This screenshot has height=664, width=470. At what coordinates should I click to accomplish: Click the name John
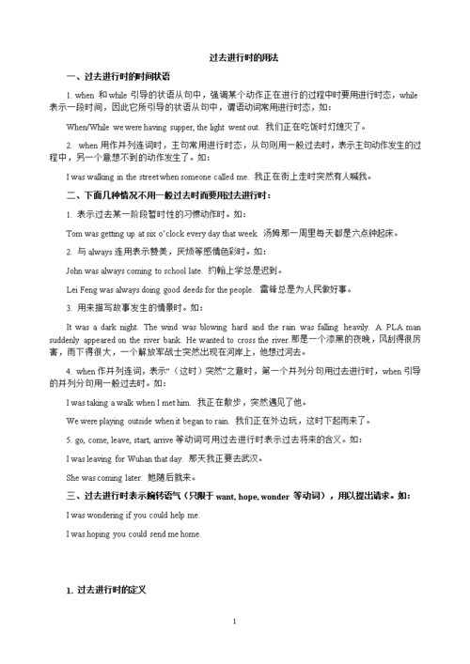76,270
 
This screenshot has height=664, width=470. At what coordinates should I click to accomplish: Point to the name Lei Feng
84,289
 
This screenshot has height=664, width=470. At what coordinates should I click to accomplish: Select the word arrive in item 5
167,440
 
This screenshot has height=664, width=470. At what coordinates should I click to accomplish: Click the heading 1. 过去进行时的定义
106,590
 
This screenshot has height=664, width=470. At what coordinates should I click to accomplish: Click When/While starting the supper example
90,126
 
